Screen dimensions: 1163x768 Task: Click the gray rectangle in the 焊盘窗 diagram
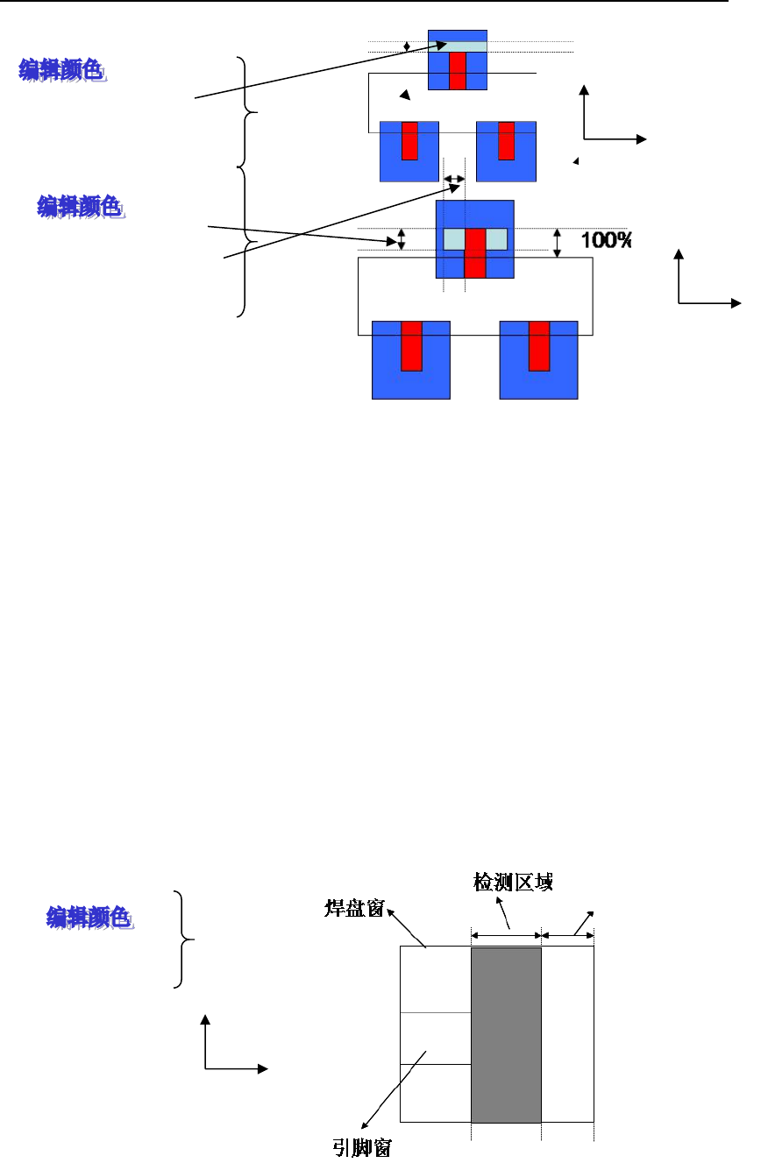pyautogui.click(x=506, y=1034)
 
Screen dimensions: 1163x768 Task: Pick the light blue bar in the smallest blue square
pyautogui.click(x=457, y=46)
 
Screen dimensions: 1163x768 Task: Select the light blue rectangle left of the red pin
pyautogui.click(x=454, y=239)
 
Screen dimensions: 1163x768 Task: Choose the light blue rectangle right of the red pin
pyautogui.click(x=495, y=239)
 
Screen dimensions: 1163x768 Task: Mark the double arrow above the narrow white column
pyautogui.click(x=567, y=935)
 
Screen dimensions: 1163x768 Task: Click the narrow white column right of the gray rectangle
pyautogui.click(x=567, y=1034)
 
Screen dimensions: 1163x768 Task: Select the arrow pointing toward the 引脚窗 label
pyautogui.click(x=392, y=1090)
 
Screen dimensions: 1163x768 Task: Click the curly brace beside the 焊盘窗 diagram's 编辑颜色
pyautogui.click(x=181, y=939)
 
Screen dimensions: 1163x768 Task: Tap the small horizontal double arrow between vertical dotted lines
pyautogui.click(x=454, y=179)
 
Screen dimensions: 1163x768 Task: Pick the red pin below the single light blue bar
pyautogui.click(x=456, y=70)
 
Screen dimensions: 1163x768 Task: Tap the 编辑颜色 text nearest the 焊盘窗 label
pyautogui.click(x=89, y=918)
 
